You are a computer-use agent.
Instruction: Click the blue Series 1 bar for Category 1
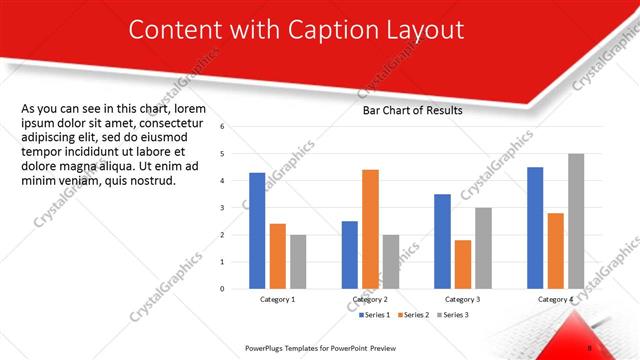point(257,231)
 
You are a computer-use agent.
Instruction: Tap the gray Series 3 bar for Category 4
point(576,221)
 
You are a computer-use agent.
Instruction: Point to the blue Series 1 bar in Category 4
point(535,228)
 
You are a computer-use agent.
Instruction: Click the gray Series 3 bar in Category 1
point(298,262)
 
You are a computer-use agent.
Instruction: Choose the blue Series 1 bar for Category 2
point(349,255)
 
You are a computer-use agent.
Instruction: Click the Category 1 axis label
point(277,299)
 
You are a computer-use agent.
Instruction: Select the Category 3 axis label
point(463,299)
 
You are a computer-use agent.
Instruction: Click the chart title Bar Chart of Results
point(412,110)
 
